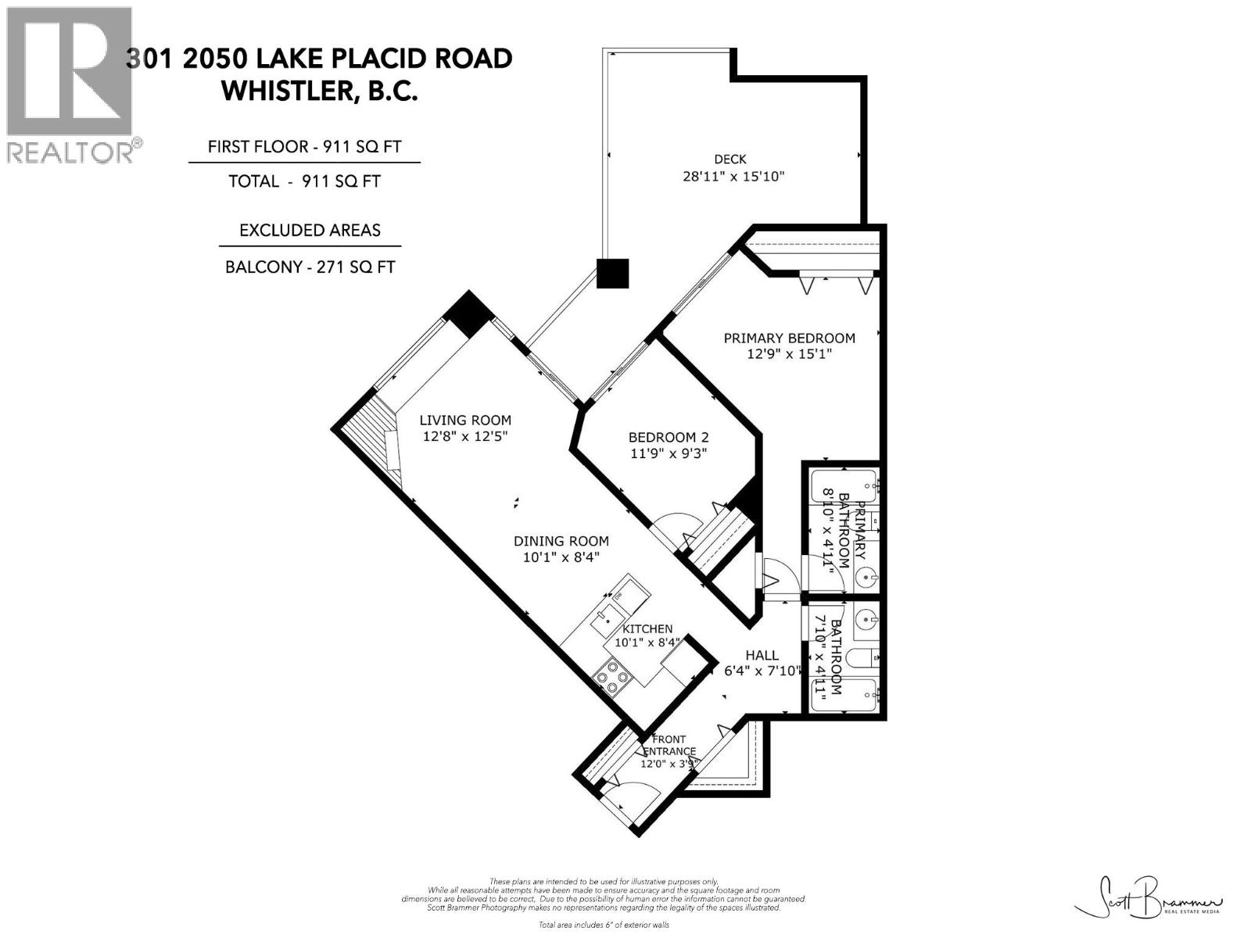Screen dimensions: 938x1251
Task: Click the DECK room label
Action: click(x=729, y=159)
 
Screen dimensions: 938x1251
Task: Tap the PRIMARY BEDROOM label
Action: click(x=789, y=338)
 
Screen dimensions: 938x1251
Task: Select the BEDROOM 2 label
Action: click(x=669, y=438)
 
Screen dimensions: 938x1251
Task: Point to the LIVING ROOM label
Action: click(x=465, y=420)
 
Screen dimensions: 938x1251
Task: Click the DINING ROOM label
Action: click(x=561, y=541)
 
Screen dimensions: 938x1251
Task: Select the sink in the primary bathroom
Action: click(x=866, y=578)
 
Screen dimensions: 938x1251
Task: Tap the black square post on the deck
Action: click(x=612, y=274)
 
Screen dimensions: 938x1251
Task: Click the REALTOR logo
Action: click(x=70, y=84)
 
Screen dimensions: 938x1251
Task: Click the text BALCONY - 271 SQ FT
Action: click(x=310, y=267)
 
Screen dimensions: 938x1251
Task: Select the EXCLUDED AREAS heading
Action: click(x=310, y=231)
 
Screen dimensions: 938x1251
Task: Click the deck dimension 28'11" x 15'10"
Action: click(x=733, y=177)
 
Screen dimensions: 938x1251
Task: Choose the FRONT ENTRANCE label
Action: click(x=669, y=745)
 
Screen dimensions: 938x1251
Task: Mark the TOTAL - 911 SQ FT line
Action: click(x=304, y=181)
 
